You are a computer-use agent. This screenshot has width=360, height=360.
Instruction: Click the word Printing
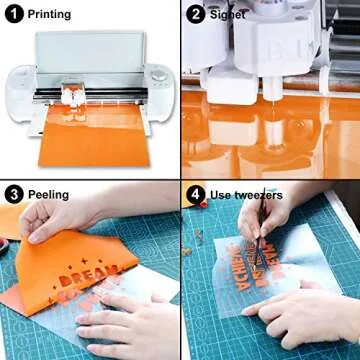[49, 15]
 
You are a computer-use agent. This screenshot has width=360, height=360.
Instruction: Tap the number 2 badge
[196, 15]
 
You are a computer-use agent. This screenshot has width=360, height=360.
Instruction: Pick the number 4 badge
[196, 194]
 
